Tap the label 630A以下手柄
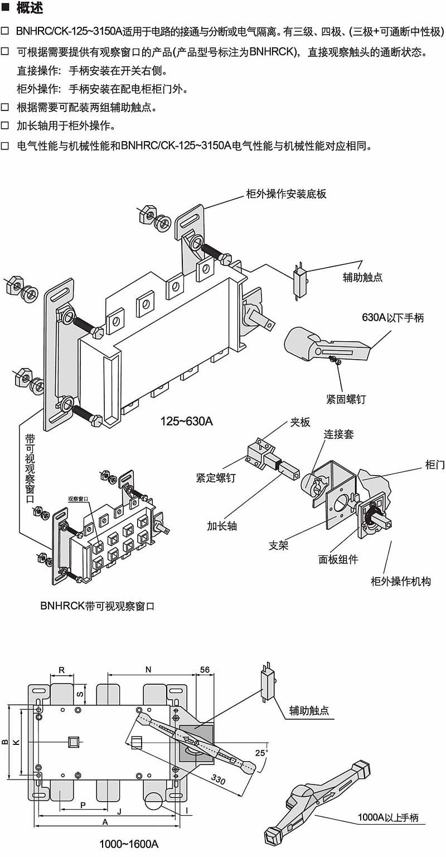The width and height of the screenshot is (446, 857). [393, 318]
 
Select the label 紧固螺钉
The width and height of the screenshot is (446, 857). [346, 399]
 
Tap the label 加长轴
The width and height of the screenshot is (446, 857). [222, 526]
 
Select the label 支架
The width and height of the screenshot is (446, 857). [279, 546]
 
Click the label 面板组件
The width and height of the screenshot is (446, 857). [338, 559]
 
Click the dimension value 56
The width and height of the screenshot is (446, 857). [204, 670]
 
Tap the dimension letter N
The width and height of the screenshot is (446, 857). [148, 669]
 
